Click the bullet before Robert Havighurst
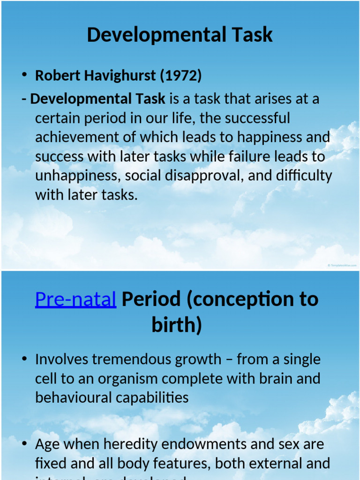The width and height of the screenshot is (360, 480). [24, 76]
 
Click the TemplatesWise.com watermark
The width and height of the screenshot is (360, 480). [342, 265]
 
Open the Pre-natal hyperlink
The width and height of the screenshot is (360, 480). [75, 299]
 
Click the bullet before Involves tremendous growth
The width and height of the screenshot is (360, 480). [24, 360]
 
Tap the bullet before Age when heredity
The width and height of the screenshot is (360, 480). [24, 444]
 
